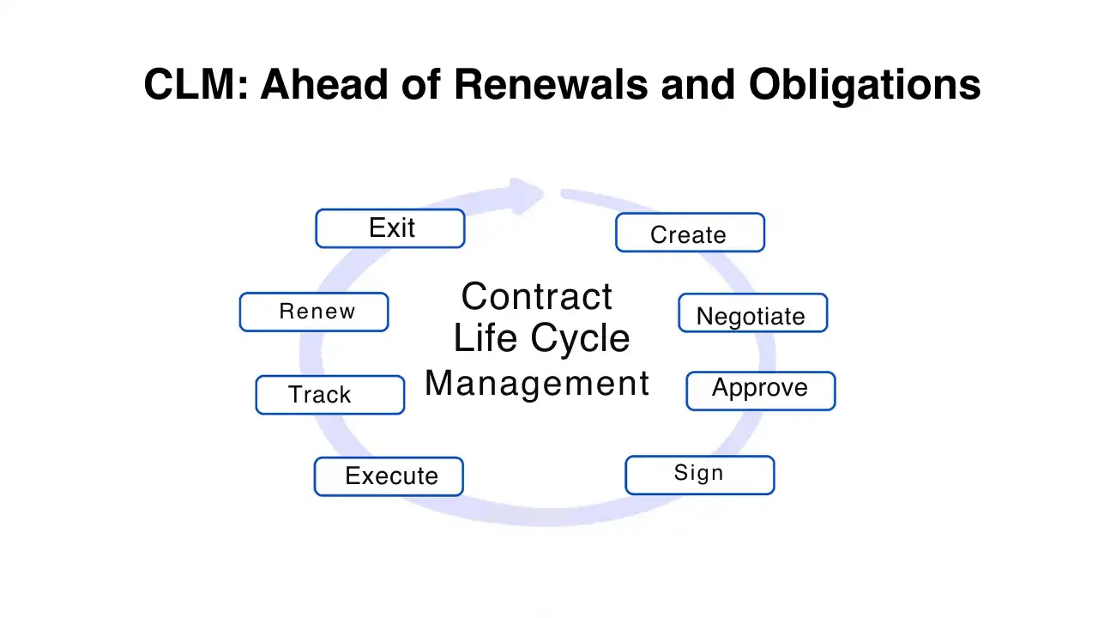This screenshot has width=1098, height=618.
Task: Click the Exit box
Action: [390, 228]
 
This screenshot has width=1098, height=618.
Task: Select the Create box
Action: [690, 233]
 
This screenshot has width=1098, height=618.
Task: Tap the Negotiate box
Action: [752, 313]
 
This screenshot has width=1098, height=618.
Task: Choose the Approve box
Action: [760, 391]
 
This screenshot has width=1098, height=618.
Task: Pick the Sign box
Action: [699, 475]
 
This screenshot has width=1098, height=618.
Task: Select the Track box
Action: [329, 395]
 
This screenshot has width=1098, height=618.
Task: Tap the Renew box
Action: [314, 312]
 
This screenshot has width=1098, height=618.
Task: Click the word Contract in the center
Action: [537, 297]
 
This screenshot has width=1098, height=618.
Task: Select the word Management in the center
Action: [537, 383]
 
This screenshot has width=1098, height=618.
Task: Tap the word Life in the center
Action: [483, 339]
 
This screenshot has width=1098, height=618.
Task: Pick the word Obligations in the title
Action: [864, 85]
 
